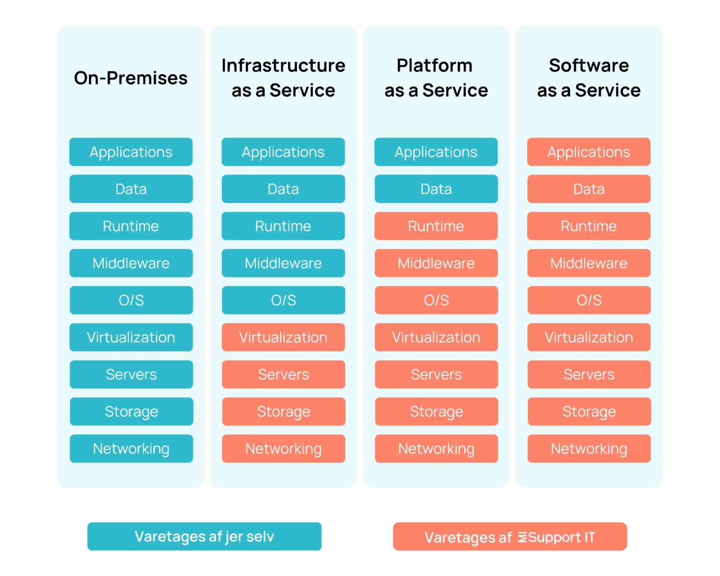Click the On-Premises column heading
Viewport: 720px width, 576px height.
tap(131, 78)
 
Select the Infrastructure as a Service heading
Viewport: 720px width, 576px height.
tap(283, 78)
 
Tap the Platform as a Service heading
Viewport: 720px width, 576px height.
tap(436, 78)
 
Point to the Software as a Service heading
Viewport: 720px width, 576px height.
tap(588, 78)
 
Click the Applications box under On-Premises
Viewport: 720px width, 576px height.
tap(131, 152)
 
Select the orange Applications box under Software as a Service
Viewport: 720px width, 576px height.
tap(588, 152)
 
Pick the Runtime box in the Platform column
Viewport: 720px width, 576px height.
tap(436, 226)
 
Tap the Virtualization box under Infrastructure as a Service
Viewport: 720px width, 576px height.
tap(283, 337)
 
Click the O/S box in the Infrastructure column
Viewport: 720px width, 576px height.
tap(283, 300)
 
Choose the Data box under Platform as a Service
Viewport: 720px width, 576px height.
tap(436, 189)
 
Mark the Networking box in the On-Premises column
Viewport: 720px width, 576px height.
tap(131, 449)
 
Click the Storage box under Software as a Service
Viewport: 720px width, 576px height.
tap(589, 411)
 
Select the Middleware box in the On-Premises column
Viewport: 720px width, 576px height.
tap(131, 263)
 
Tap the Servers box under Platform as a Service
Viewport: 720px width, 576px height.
tap(436, 374)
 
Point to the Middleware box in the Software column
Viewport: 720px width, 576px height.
tap(588, 263)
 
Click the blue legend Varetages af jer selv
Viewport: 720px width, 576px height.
tap(204, 537)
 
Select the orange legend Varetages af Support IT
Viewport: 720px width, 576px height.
tap(510, 537)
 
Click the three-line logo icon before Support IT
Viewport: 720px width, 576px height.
tap(522, 537)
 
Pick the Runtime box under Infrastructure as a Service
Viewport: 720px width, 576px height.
tap(283, 226)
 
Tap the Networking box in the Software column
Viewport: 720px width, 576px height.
tap(589, 449)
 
